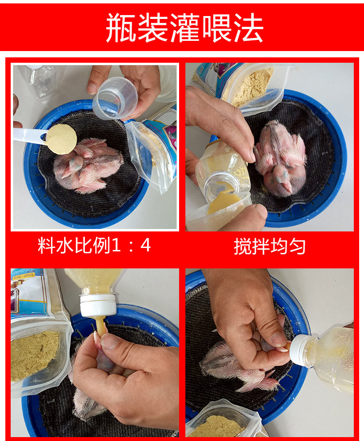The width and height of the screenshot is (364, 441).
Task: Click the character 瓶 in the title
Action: (121, 28)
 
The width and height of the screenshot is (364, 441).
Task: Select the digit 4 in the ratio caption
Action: (146, 245)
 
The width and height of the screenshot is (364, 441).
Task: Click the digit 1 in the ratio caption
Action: (116, 245)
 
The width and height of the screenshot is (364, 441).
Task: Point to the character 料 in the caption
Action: (46, 245)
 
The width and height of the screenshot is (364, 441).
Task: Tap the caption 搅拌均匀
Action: (269, 246)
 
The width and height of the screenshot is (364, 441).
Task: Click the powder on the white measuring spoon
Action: (61, 139)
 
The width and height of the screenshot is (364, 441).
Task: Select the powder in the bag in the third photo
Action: (33, 355)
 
